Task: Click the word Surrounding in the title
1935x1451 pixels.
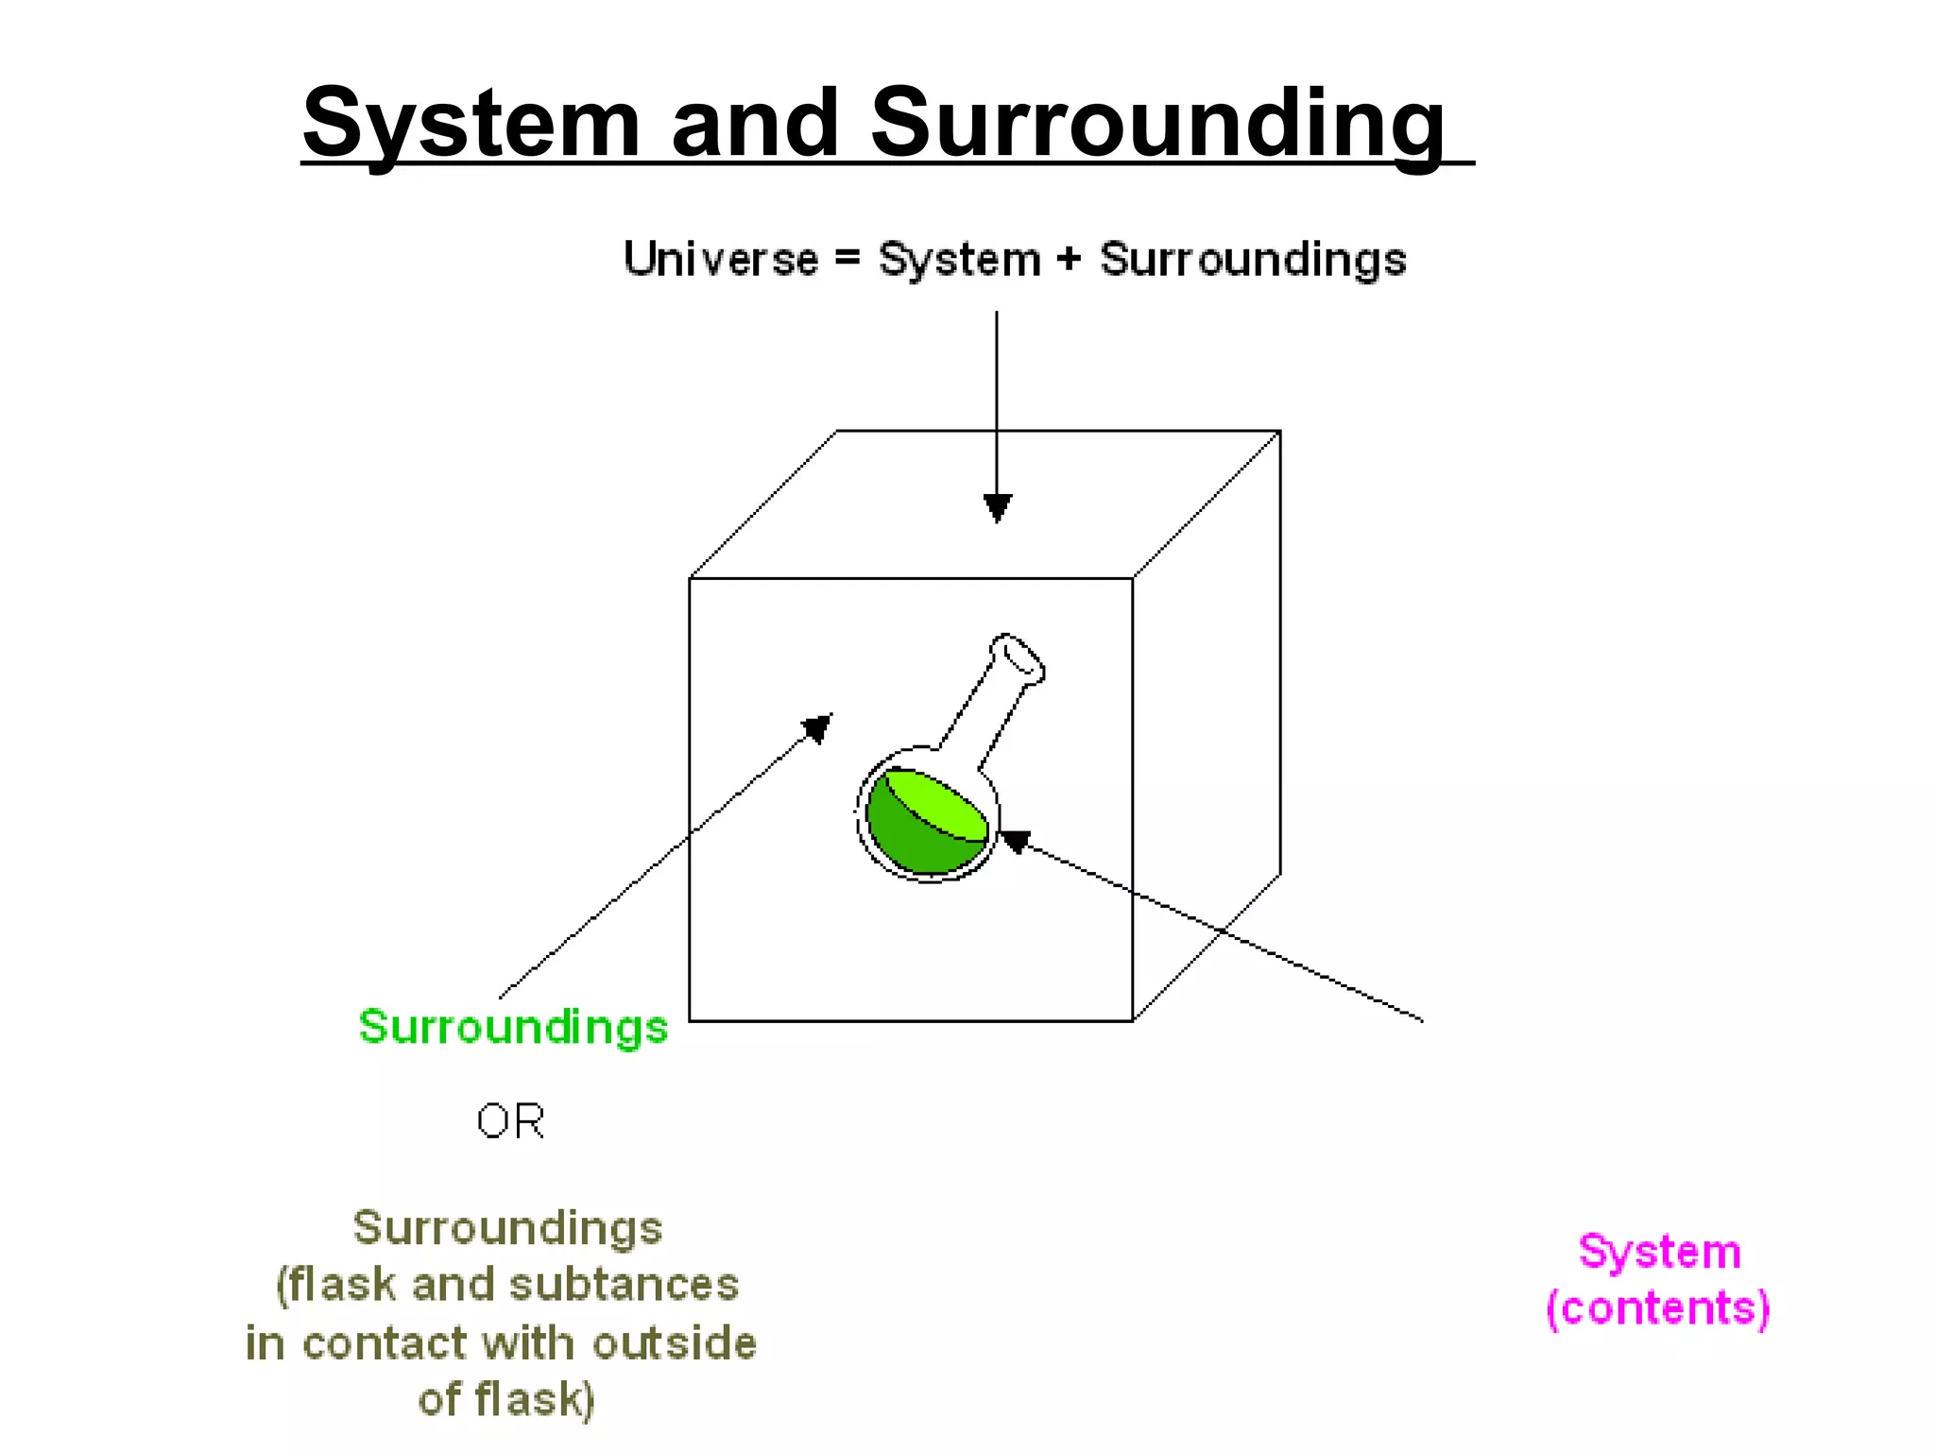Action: (1157, 123)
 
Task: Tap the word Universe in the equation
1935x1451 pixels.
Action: (721, 260)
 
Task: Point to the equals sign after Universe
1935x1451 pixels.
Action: (848, 258)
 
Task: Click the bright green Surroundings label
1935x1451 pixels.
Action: (513, 1027)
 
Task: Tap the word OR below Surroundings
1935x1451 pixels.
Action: (510, 1121)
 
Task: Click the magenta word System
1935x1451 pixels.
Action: (1659, 1253)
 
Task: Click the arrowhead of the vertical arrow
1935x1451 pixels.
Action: (998, 508)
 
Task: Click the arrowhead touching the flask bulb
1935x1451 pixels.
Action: (1014, 840)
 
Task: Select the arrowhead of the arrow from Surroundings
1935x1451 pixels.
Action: (817, 727)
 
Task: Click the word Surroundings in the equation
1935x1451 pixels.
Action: (1253, 260)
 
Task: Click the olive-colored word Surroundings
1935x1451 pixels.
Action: (507, 1228)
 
